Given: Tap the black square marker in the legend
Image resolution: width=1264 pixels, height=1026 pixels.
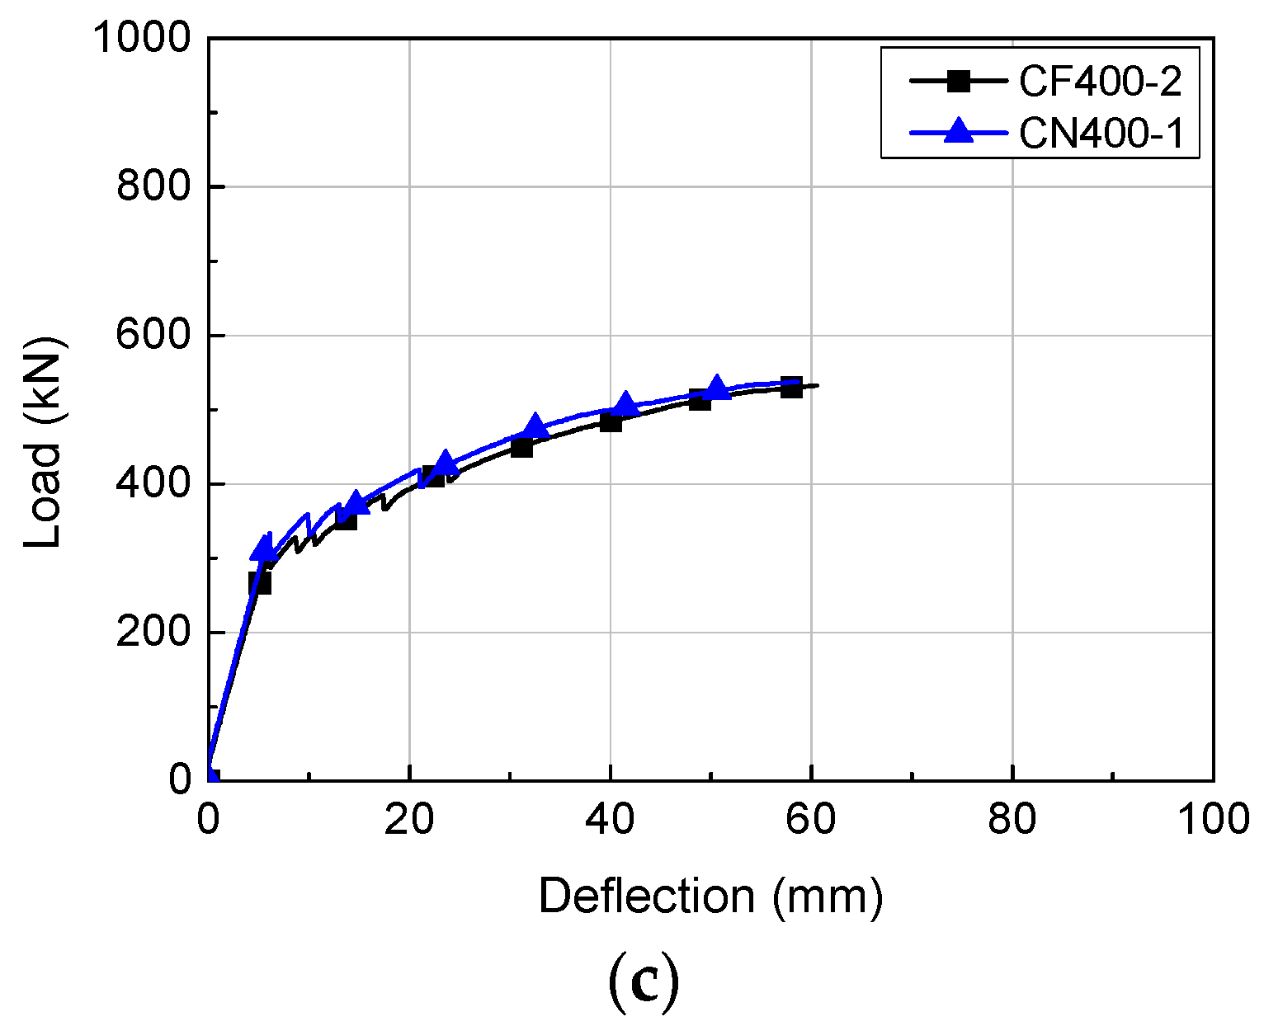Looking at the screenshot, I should (x=958, y=81).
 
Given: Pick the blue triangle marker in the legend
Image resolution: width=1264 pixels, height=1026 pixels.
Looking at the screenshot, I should (x=958, y=131).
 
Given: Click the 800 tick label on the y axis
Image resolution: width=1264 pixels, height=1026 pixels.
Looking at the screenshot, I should (x=154, y=187).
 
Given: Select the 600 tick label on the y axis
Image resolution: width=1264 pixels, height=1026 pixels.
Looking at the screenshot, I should (x=154, y=336).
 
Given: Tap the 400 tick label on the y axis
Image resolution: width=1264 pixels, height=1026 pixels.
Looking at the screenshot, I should (x=154, y=484).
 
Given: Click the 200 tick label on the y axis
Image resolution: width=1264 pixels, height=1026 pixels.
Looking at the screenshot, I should (x=154, y=633).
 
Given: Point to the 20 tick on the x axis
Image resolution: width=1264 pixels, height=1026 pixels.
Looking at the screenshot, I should (x=409, y=820).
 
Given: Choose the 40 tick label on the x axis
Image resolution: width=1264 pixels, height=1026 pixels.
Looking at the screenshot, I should (x=611, y=820).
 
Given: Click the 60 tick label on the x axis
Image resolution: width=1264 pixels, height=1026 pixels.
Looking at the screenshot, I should (x=812, y=820).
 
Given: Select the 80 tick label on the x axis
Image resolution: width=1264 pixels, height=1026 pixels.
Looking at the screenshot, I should (x=1012, y=820).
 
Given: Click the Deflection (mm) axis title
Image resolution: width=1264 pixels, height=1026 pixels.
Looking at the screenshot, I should (x=710, y=897).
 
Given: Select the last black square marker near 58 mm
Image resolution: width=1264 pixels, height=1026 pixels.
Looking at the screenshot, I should (x=791, y=387).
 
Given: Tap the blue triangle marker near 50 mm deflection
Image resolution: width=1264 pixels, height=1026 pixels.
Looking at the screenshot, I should (x=716, y=388).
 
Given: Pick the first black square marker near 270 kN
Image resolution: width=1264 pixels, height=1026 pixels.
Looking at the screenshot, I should (x=260, y=583).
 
